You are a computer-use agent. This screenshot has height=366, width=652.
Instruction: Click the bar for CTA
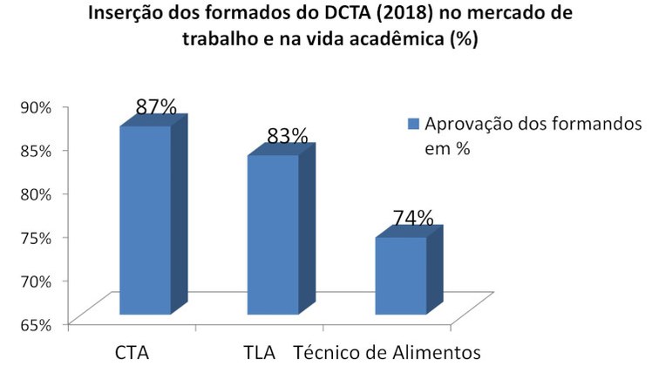145,220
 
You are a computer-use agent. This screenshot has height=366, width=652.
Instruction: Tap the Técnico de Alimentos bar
401,274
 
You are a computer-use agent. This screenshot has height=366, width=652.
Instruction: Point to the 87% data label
156,107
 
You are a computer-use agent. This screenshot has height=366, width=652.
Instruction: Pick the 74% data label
412,218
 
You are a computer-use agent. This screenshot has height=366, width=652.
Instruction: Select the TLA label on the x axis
260,353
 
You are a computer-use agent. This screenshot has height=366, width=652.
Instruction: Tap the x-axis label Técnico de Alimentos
387,353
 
